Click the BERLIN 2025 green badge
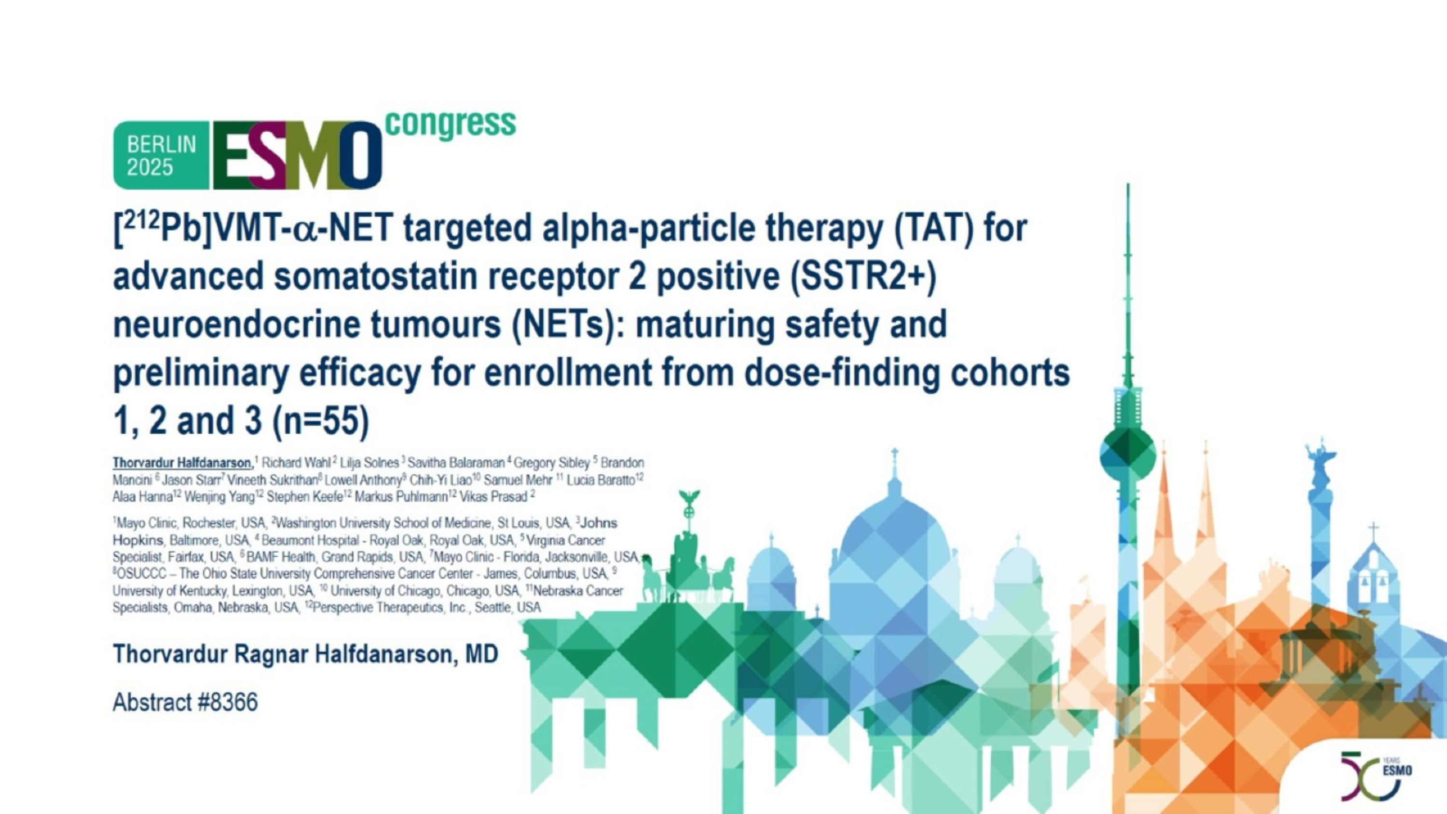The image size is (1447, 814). click(x=161, y=155)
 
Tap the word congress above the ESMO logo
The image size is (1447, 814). click(x=451, y=123)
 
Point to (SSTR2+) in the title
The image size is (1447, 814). click(x=863, y=276)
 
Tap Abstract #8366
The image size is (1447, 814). click(x=185, y=702)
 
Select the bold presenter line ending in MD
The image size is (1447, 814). click(x=305, y=654)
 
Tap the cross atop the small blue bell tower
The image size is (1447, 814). click(x=1373, y=530)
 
